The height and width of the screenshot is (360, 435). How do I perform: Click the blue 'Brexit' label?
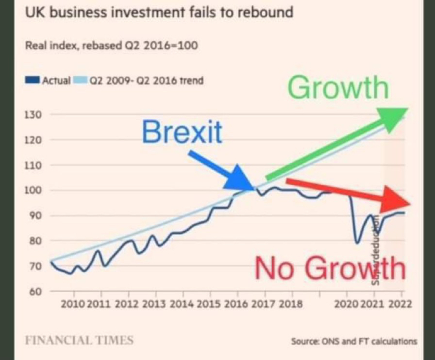(x=182, y=132)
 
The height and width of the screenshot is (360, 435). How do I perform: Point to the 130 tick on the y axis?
(x=32, y=115)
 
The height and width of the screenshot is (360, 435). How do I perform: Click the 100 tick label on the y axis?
(x=32, y=190)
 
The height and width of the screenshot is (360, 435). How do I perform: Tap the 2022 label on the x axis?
(x=400, y=304)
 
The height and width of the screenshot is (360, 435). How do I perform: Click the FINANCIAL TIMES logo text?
(x=79, y=341)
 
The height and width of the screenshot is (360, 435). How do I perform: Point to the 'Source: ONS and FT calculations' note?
(x=354, y=341)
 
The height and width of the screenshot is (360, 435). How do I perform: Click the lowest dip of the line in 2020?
(x=357, y=242)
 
